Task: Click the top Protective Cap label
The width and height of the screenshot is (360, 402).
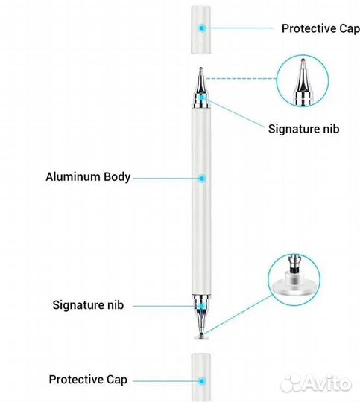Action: [x=320, y=28]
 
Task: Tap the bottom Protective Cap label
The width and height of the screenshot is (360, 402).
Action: [x=88, y=380]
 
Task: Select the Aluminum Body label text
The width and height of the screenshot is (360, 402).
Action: [x=88, y=177]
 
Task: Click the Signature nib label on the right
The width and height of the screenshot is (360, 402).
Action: [x=304, y=129]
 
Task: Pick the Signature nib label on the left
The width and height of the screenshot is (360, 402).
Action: [x=88, y=305]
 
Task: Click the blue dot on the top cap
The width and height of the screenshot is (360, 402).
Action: [x=202, y=28]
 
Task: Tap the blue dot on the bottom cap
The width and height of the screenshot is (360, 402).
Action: [x=202, y=381]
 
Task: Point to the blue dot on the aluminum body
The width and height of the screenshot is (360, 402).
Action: [x=202, y=178]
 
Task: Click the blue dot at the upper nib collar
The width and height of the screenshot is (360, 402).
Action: [x=202, y=98]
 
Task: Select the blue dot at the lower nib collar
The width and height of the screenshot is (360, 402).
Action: [x=202, y=306]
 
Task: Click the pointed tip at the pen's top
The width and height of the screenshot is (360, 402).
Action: [x=200, y=68]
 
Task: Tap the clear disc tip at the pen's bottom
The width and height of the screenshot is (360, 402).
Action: [x=201, y=338]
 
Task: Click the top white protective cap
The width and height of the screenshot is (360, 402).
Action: [x=200, y=30]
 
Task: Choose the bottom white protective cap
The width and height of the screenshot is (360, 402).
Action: [x=201, y=377]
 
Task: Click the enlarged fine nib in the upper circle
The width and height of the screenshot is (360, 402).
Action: [x=303, y=82]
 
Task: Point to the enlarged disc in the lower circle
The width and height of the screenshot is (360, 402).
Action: [x=293, y=287]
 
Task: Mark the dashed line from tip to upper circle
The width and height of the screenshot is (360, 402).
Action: [x=241, y=79]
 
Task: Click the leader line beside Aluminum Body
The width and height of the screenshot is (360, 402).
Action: [x=166, y=178]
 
